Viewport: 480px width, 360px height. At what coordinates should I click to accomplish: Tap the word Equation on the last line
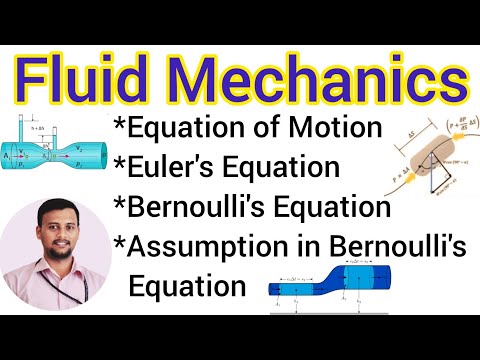[188, 285]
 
